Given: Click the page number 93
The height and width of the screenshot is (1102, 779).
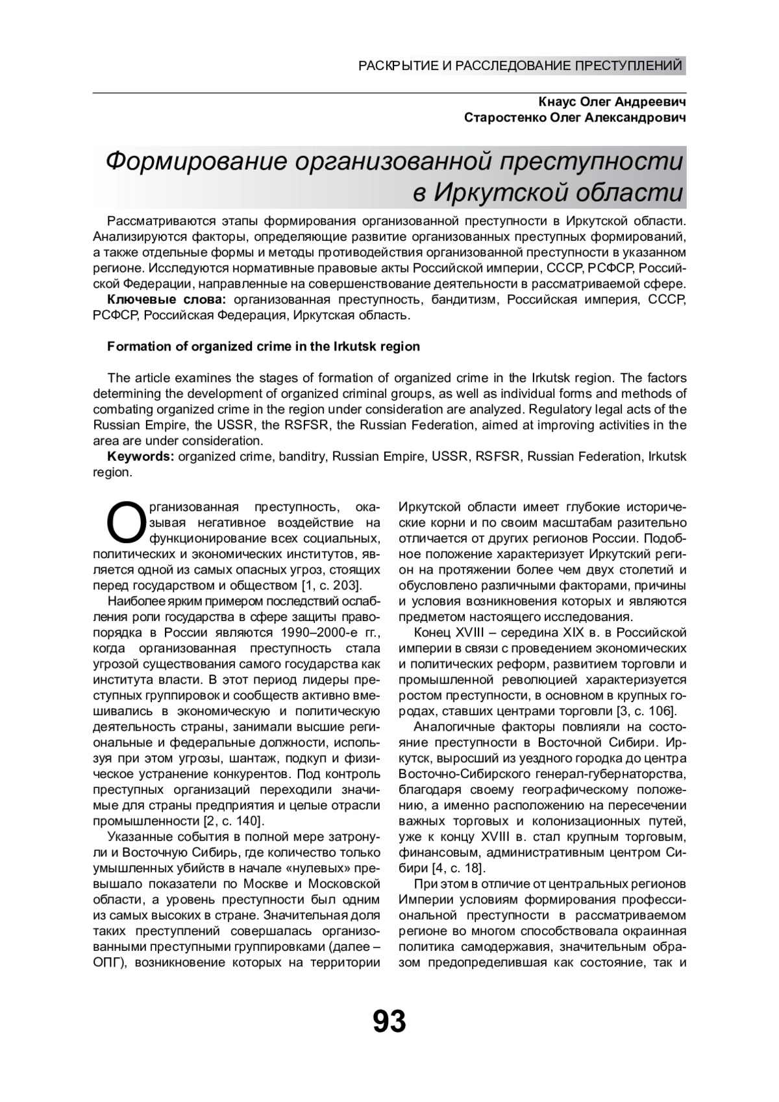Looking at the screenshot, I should click(389, 1021).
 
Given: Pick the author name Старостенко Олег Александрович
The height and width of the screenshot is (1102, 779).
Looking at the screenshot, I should click(575, 118).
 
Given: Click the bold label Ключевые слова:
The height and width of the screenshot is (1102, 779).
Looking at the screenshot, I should click(166, 300).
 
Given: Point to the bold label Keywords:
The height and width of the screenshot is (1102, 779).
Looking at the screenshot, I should click(141, 456).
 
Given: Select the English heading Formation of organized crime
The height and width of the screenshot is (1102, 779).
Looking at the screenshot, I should click(263, 347).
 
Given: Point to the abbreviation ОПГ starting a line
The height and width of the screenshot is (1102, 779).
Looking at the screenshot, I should click(109, 962).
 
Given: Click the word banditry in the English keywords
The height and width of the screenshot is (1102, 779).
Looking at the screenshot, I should click(303, 456).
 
